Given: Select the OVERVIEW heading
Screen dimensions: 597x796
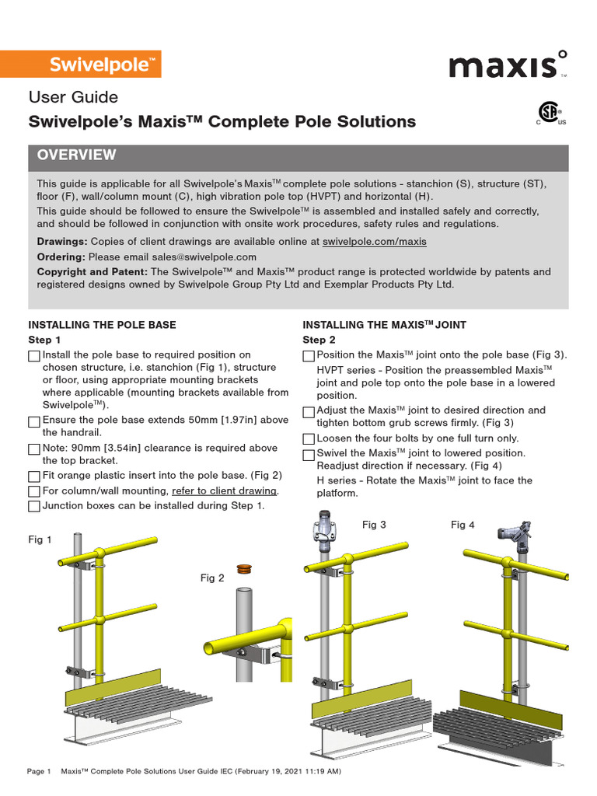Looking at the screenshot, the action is tap(77, 155).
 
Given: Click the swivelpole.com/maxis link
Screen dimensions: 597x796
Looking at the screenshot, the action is tap(374, 242).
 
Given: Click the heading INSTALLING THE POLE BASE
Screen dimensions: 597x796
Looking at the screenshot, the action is tap(102, 325).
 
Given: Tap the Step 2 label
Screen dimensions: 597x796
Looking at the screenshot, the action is tap(319, 340).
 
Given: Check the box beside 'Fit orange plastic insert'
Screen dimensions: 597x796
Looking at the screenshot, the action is tap(34, 477).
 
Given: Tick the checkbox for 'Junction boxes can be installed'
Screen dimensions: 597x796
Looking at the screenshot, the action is tap(34, 507).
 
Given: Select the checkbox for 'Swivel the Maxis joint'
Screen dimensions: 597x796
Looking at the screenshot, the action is tap(309, 454).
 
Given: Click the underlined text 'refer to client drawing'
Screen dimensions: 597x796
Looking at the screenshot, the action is tap(224, 491).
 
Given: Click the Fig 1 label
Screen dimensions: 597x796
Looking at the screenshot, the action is tap(40, 539).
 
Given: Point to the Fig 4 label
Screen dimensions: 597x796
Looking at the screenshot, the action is tap(463, 525).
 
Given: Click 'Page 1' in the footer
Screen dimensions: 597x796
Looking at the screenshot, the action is tap(39, 772).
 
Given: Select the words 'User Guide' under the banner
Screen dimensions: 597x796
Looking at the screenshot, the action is tap(73, 97).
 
